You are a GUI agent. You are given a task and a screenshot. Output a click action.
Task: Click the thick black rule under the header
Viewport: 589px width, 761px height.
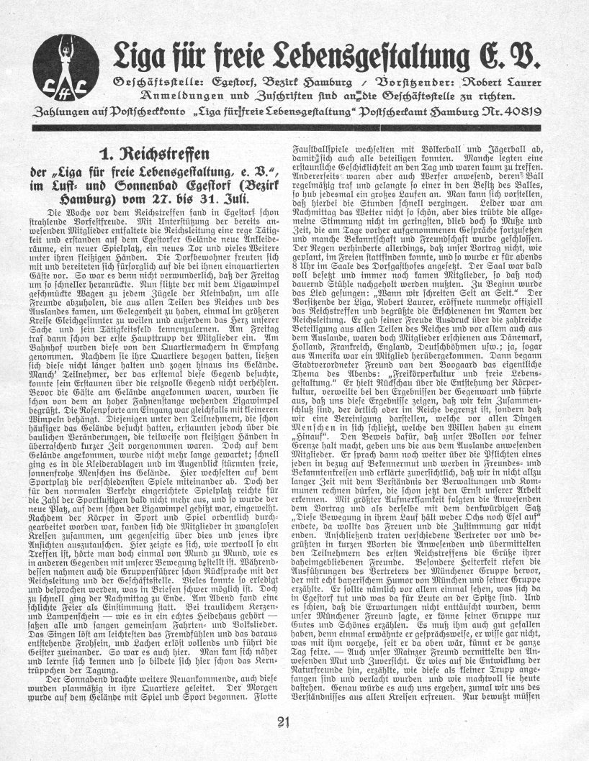[x=294, y=128]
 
